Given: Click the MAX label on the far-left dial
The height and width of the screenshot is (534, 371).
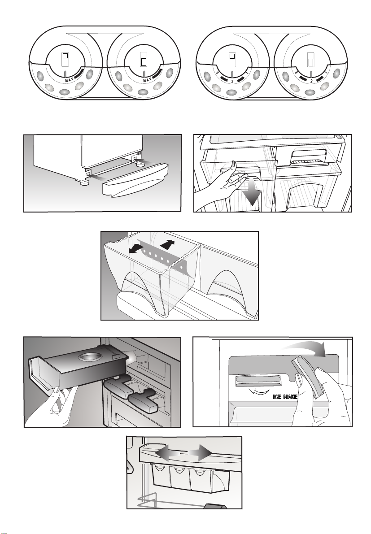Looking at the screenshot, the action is tap(69, 80).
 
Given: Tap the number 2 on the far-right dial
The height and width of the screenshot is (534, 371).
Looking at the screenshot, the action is tap(311, 82).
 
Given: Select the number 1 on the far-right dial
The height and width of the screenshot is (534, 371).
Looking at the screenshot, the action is tap(326, 73).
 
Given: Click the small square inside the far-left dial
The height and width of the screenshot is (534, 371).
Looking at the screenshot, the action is tap(65, 56).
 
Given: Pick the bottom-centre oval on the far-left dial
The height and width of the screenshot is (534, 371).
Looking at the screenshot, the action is tap(65, 92).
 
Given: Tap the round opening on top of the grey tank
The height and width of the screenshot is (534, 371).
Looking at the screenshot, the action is tap(88, 357).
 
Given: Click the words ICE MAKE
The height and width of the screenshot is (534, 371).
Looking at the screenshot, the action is tap(285, 397).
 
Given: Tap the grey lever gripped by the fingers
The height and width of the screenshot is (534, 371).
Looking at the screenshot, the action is tap(307, 376).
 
